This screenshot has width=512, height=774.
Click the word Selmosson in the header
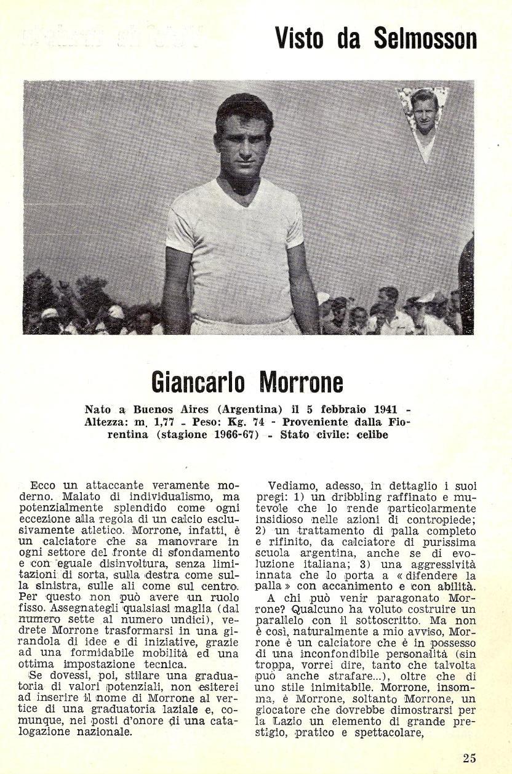[425, 38]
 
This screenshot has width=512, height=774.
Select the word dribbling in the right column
[343, 497]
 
